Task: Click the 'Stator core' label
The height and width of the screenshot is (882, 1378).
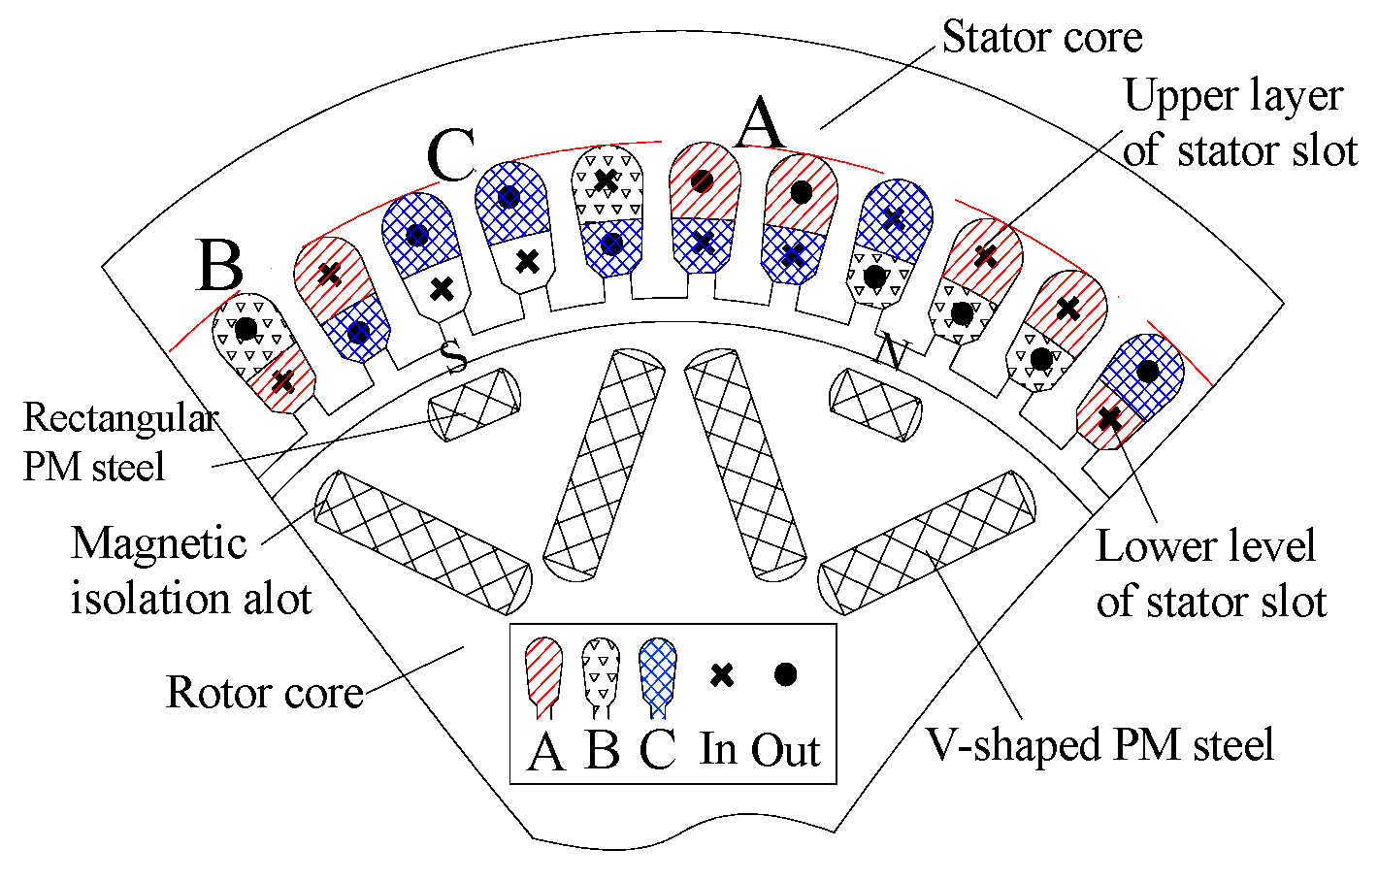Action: tap(1041, 38)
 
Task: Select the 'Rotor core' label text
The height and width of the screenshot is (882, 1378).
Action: tap(264, 693)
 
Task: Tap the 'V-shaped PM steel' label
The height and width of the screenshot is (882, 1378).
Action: tap(1099, 745)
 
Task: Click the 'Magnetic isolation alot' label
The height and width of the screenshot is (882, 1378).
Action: tap(190, 572)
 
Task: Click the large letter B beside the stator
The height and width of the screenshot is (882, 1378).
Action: tap(219, 265)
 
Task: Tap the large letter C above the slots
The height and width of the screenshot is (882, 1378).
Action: tap(451, 155)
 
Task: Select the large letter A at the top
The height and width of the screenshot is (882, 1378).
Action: tap(760, 123)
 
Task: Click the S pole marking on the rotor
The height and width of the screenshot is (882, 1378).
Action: tap(454, 356)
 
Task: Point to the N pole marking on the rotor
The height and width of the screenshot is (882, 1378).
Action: tap(890, 351)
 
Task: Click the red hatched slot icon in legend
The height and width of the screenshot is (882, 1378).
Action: tap(543, 672)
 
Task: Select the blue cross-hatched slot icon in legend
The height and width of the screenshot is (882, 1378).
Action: tap(658, 672)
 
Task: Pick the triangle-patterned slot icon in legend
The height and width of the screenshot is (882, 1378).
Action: tap(601, 672)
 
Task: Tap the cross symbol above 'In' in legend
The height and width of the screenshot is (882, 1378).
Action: tap(721, 675)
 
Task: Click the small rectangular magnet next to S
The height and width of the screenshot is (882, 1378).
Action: tap(476, 405)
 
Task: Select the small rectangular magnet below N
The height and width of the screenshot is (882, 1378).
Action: tap(875, 405)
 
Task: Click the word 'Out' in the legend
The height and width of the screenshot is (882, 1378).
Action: tap(785, 750)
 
